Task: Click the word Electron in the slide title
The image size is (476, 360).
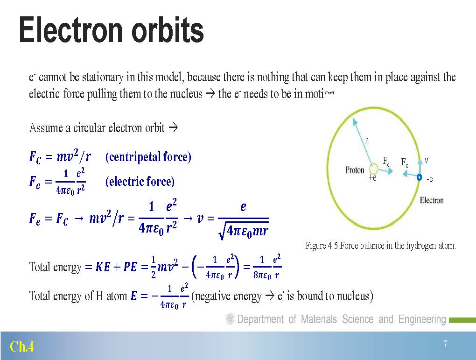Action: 71,30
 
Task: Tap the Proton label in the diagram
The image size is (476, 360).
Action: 355,170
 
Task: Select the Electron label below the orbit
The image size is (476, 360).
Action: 431,200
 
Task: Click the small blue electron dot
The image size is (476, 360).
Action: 419,177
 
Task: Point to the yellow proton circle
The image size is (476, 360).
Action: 373,169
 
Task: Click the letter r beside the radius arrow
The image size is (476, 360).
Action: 366,141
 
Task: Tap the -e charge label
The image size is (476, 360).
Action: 430,179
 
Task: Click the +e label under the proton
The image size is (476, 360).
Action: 372,178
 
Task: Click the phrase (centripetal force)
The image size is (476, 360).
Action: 148,157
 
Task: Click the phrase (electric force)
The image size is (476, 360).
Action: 140,181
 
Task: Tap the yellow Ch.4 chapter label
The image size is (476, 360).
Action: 21,346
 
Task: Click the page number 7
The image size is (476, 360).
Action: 445,344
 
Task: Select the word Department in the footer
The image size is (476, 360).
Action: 260,319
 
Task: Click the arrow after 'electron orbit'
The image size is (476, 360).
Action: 173,127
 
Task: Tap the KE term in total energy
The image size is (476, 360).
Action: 103,267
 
